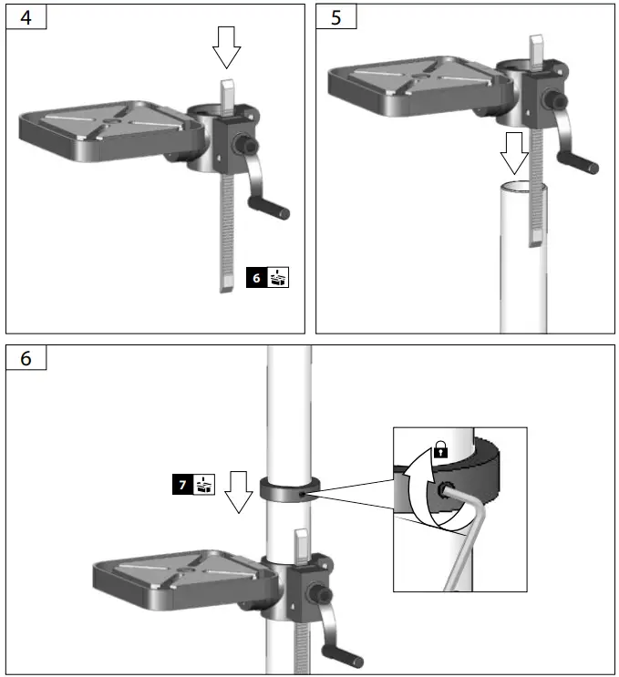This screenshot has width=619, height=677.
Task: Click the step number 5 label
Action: [x=337, y=17]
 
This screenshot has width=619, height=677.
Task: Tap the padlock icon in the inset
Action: [x=440, y=448]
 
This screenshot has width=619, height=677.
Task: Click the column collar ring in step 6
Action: [x=290, y=490]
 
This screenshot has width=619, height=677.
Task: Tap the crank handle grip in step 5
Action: [x=583, y=165]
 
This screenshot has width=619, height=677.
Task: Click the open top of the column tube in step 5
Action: [x=522, y=189]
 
